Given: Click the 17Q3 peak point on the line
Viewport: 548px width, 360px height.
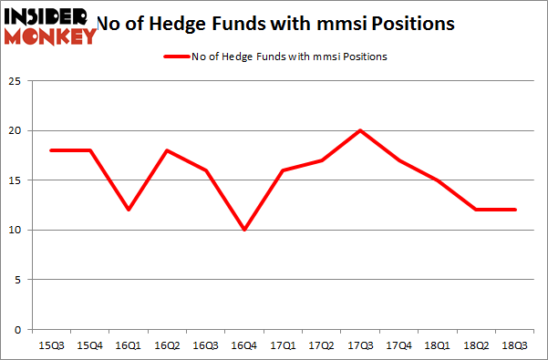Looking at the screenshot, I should [x=360, y=130].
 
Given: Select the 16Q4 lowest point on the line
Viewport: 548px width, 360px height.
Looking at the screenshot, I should [x=243, y=230].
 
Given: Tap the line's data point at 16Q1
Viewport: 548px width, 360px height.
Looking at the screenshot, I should [x=128, y=210].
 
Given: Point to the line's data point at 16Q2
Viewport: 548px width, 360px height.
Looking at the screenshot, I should [x=166, y=150].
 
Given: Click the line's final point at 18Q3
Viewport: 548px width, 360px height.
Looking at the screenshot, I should [x=515, y=210].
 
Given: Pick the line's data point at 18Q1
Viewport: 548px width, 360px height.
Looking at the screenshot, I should [x=438, y=180].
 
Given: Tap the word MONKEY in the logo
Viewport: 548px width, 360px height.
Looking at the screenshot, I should [x=51, y=36].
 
